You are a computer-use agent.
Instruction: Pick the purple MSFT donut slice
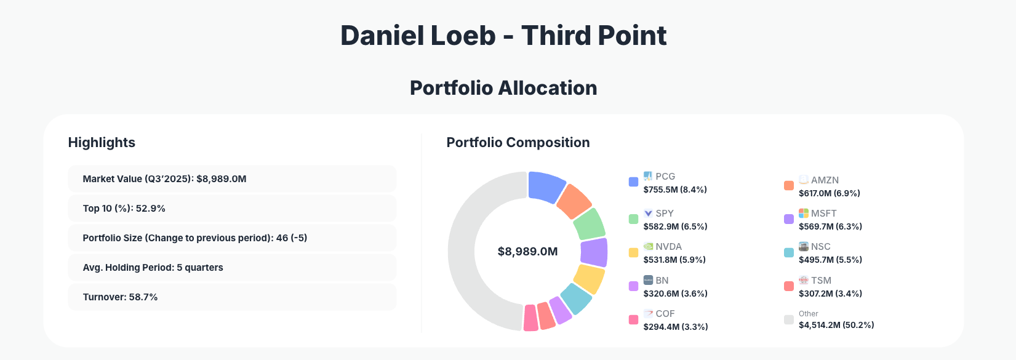[594, 252]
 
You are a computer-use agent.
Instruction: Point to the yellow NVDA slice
[589, 279]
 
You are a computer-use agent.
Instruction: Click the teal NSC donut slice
[576, 298]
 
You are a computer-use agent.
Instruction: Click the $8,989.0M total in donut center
[527, 252]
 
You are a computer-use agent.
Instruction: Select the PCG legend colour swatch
[633, 182]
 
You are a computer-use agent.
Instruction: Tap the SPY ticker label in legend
[664, 214]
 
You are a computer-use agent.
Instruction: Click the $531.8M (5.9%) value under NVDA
[674, 260]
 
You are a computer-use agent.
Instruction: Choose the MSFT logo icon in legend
[803, 213]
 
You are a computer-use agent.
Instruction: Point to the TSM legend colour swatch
[789, 286]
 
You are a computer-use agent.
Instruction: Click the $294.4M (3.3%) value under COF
[675, 327]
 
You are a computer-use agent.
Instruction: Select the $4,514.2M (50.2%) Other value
[836, 325]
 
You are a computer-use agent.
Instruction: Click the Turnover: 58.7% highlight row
[232, 297]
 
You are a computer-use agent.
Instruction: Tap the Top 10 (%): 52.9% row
[232, 209]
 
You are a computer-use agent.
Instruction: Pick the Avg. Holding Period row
[232, 268]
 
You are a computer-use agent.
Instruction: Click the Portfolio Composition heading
[518, 143]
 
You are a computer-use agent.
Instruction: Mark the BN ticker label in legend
[662, 280]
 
